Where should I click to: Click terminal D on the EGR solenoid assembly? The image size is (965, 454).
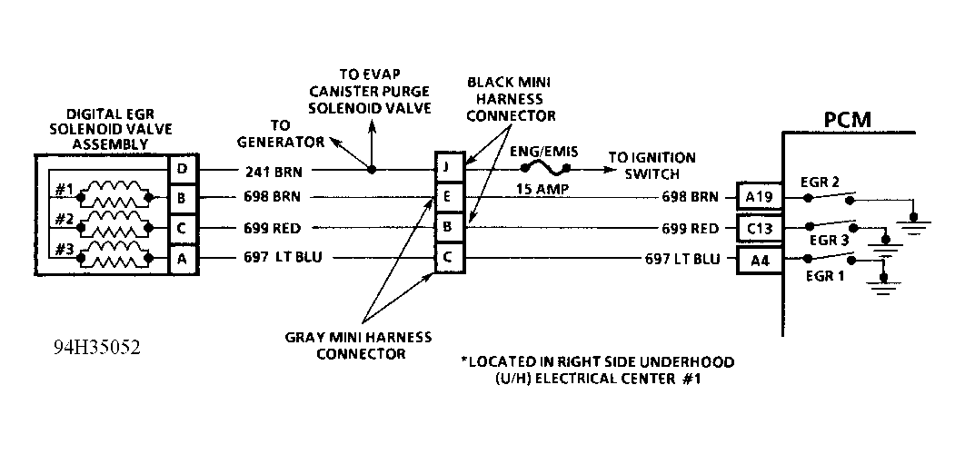pos(183,170)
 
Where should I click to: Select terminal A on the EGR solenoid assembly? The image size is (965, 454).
pos(183,258)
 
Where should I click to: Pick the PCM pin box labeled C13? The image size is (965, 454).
pos(755,228)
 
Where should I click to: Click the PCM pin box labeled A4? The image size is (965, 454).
pos(755,259)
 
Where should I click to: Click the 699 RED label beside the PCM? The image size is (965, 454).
pos(692,229)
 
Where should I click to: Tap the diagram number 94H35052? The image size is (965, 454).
pos(96,348)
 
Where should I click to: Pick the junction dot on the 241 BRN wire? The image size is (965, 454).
pos(371,169)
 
